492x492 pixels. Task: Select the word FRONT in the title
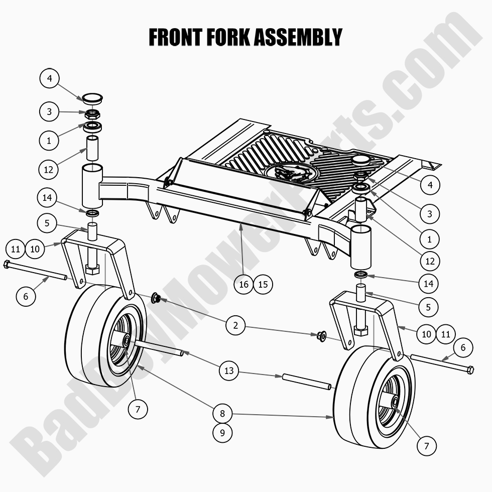click(x=173, y=37)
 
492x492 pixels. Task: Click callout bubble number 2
click(x=235, y=325)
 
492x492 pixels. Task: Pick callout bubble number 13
click(x=229, y=371)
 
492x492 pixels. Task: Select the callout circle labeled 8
click(x=222, y=414)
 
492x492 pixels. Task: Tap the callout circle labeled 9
click(x=222, y=432)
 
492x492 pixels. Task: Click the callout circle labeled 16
click(x=244, y=284)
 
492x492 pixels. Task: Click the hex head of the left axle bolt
click(x=7, y=264)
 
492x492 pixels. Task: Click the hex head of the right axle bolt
click(x=470, y=371)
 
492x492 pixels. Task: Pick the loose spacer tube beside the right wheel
click(x=306, y=381)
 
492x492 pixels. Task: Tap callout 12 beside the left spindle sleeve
click(x=49, y=169)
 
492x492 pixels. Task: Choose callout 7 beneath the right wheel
click(x=427, y=445)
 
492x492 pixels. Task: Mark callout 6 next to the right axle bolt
click(x=463, y=347)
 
